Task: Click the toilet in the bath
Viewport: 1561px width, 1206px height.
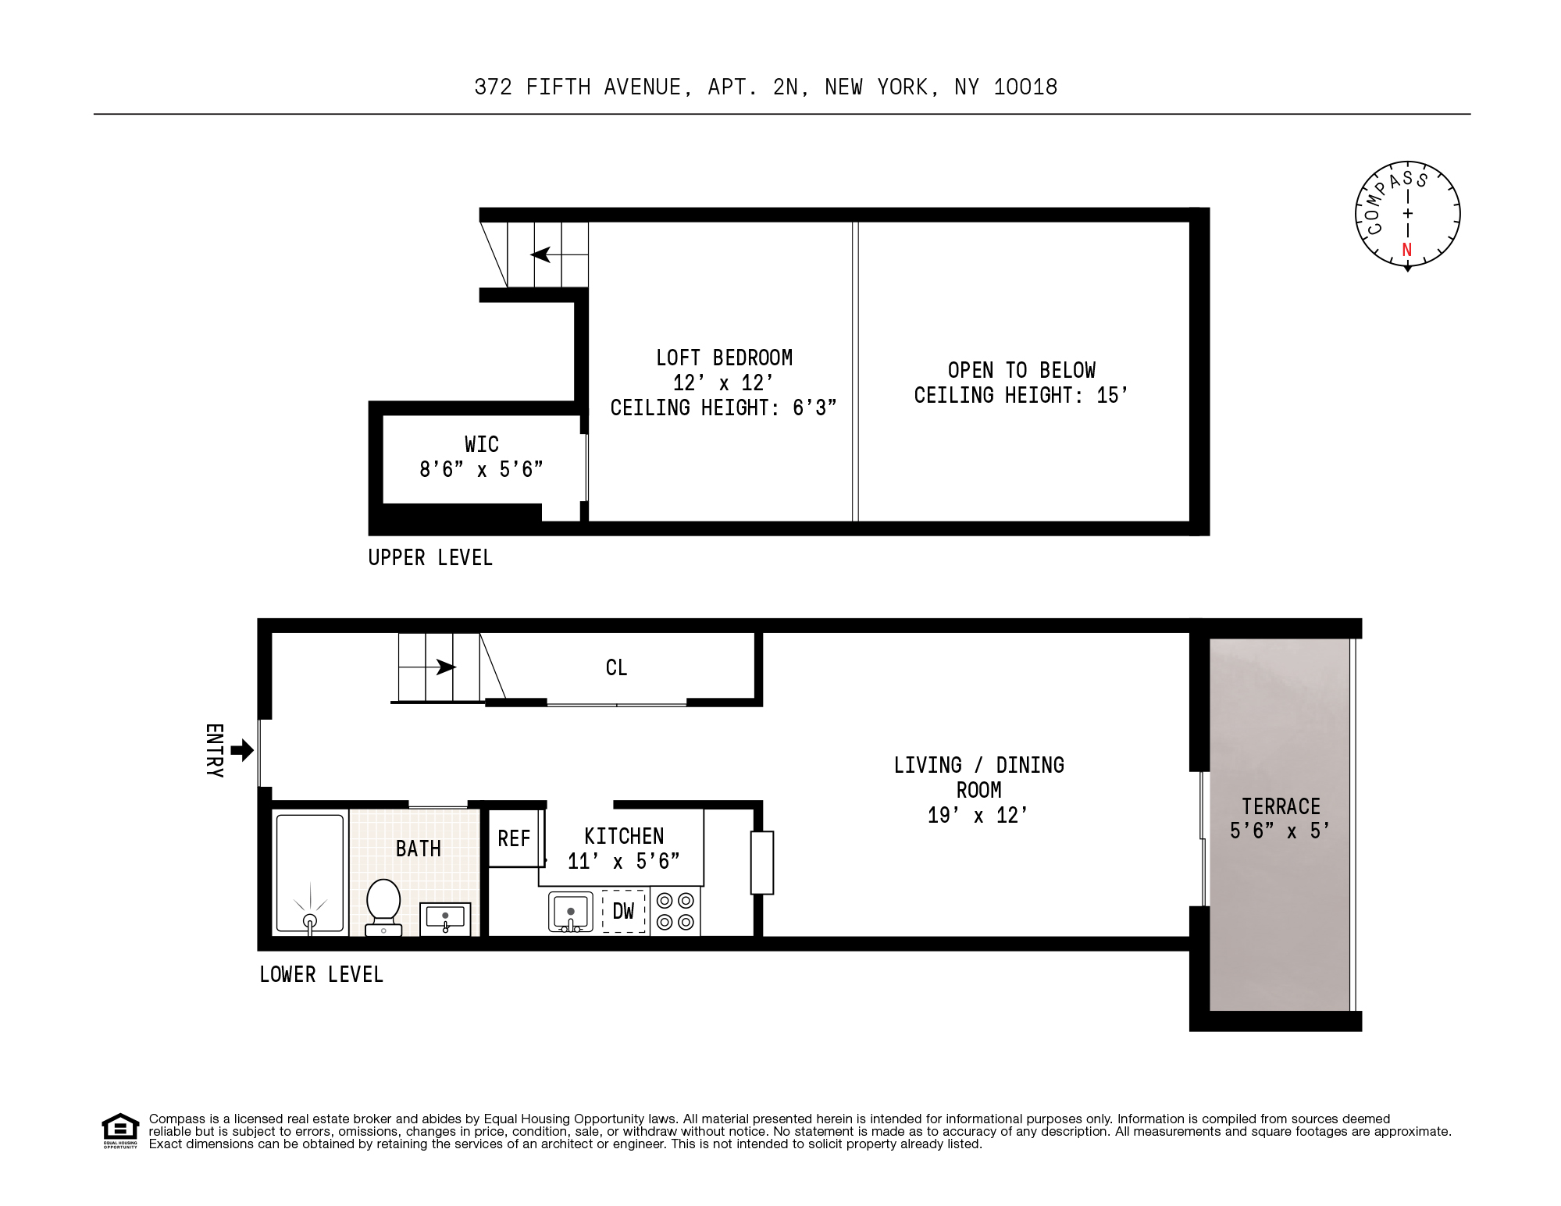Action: [383, 905]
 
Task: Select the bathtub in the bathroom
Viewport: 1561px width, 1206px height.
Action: [310, 873]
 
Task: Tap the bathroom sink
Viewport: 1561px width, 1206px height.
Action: [445, 918]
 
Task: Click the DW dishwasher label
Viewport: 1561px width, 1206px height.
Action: [623, 911]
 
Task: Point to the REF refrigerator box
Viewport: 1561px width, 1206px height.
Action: [515, 838]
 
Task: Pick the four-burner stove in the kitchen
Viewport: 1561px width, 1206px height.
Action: [675, 911]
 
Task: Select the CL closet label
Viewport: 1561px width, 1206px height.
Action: [616, 667]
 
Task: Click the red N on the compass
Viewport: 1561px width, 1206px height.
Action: [1407, 250]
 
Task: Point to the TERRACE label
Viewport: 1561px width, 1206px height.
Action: [1281, 806]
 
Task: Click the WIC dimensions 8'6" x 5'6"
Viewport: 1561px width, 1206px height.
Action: [481, 469]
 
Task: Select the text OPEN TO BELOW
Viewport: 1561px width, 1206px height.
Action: [1021, 370]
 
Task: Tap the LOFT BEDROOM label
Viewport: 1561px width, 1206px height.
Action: [724, 358]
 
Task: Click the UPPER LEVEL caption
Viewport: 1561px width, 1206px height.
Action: [430, 558]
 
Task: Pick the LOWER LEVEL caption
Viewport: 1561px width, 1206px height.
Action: [321, 974]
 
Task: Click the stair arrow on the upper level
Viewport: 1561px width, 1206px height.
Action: [541, 254]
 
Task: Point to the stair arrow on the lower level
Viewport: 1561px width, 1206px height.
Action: [445, 667]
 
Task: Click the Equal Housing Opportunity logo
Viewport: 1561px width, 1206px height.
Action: [120, 1130]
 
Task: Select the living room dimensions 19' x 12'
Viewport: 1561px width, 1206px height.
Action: [978, 815]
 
